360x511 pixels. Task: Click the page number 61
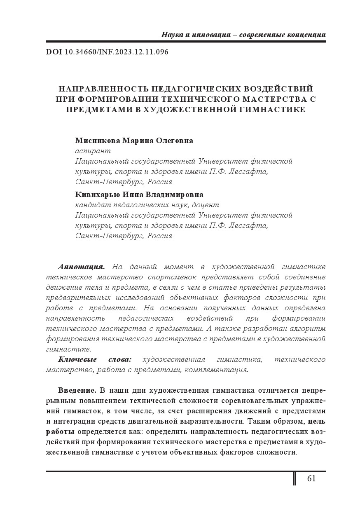(311, 478)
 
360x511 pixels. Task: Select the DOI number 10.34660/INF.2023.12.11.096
(117, 52)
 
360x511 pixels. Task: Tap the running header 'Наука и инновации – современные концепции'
(243, 35)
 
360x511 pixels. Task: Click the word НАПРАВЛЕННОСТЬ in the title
(103, 89)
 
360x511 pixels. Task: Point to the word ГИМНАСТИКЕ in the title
(271, 110)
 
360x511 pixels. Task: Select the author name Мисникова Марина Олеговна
(134, 141)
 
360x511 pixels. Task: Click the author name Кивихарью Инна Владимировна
(139, 194)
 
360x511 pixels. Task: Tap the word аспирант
(93, 151)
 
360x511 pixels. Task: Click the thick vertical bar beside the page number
(294, 478)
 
